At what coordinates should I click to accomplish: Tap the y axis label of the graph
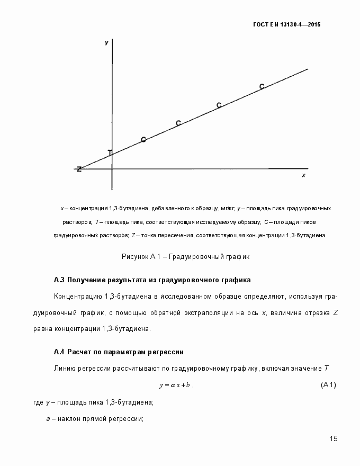click(x=106, y=42)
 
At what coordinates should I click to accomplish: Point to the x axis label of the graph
click(x=303, y=175)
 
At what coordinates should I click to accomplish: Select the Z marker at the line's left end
click(x=79, y=169)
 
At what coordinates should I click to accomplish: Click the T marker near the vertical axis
click(x=110, y=153)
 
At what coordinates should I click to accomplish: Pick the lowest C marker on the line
click(x=143, y=140)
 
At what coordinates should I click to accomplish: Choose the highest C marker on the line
click(x=262, y=86)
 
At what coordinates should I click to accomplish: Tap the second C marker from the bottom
click(x=178, y=123)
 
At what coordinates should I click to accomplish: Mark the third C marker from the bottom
click(x=219, y=105)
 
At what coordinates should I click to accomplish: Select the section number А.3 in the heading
click(x=59, y=280)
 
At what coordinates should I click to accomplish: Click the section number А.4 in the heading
click(x=59, y=352)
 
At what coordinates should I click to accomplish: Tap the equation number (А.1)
click(x=329, y=384)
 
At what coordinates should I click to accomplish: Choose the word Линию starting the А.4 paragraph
click(x=65, y=368)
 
